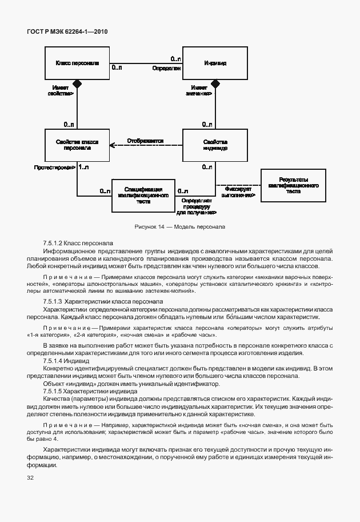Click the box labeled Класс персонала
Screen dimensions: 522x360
(x=78, y=63)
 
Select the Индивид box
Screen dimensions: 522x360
(x=215, y=63)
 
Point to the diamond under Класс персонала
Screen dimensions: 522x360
(x=78, y=83)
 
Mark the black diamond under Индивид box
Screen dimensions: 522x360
(x=215, y=83)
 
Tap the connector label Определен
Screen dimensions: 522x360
(x=166, y=68)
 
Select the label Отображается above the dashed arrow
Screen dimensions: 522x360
(x=145, y=140)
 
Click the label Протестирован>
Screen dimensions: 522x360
(x=54, y=167)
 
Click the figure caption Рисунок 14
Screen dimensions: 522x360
(x=179, y=226)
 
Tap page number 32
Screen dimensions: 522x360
(x=30, y=477)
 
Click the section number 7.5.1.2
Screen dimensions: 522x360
(x=53, y=243)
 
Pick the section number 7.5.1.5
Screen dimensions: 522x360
(x=53, y=391)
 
